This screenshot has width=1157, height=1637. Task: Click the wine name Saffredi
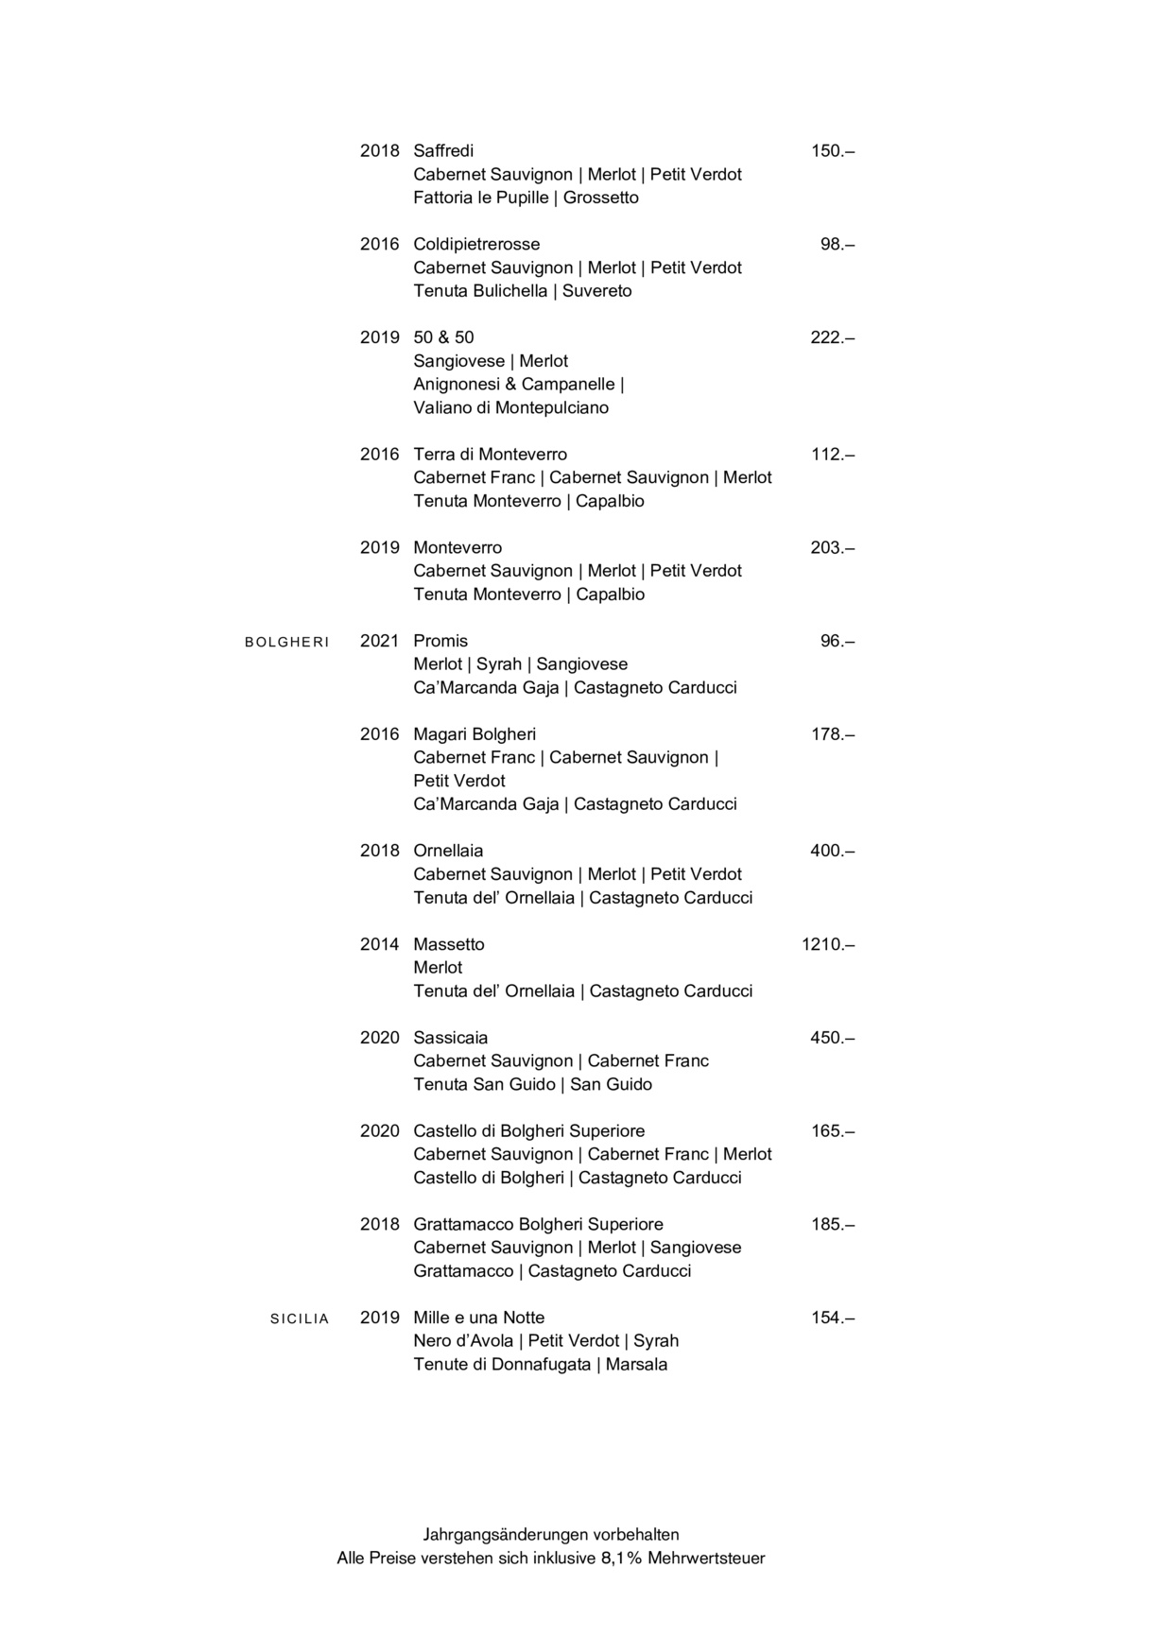click(x=443, y=151)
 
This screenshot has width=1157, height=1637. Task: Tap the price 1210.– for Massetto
click(x=827, y=944)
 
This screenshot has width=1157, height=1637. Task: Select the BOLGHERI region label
click(x=286, y=643)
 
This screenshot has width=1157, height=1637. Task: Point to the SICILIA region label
click(x=300, y=1319)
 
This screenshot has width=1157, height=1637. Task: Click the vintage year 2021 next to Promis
click(x=379, y=641)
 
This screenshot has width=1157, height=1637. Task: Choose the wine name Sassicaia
click(x=450, y=1038)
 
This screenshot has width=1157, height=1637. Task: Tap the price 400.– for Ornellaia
click(x=832, y=851)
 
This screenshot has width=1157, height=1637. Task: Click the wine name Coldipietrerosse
click(x=476, y=245)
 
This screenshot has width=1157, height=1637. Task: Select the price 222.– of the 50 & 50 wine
click(x=832, y=337)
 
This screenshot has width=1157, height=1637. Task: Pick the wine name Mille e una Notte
click(x=478, y=1318)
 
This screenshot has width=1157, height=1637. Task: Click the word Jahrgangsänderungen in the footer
click(x=505, y=1535)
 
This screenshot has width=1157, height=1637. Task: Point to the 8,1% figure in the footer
click(x=621, y=1559)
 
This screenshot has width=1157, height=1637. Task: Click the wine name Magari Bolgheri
click(x=475, y=734)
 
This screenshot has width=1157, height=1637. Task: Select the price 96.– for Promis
click(x=837, y=641)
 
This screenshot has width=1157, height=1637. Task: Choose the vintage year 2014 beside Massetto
click(x=379, y=944)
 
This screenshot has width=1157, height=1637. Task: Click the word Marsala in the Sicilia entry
click(x=636, y=1365)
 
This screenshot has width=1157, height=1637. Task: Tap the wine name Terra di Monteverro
click(x=490, y=455)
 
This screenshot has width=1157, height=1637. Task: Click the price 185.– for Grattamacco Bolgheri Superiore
click(x=832, y=1225)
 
